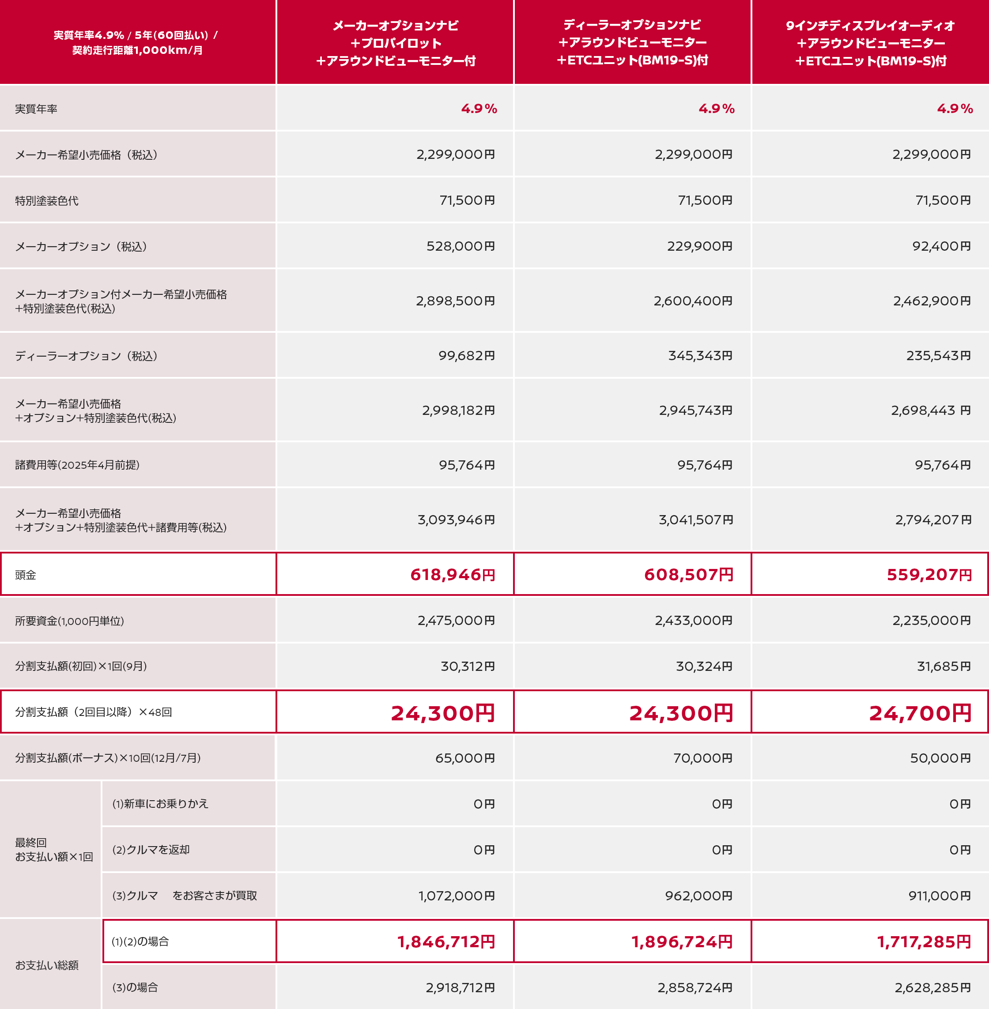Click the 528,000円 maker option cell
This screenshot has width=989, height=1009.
[x=460, y=246]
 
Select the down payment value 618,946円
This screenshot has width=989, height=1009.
[x=453, y=575]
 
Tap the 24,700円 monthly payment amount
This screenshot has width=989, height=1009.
[x=920, y=713]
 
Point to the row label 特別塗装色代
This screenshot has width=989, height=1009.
[x=47, y=201]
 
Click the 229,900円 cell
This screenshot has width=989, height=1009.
[x=699, y=246]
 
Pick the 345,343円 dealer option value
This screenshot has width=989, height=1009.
[x=700, y=356]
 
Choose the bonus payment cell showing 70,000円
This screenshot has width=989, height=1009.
[x=702, y=758]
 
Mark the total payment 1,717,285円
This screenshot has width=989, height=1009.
[x=924, y=941]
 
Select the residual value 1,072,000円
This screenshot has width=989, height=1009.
[x=457, y=896]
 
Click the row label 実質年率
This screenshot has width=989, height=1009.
[x=36, y=109]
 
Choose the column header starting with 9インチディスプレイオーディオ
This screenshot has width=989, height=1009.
[x=870, y=43]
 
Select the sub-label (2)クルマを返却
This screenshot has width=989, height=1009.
[x=151, y=850]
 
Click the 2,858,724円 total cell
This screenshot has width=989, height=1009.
[x=695, y=988]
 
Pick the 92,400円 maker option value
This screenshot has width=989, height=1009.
[x=941, y=246]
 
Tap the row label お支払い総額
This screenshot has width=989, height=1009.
[x=47, y=965]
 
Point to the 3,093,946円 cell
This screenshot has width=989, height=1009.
[x=456, y=520]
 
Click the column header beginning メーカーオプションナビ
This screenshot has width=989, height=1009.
[x=395, y=43]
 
